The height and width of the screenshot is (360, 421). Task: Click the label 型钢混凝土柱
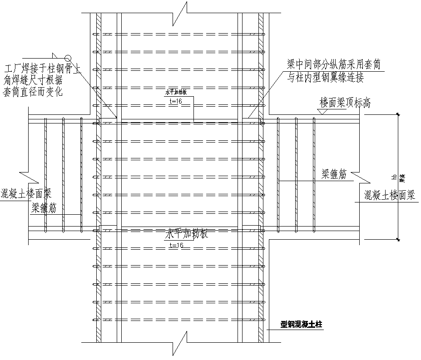coord(301,325)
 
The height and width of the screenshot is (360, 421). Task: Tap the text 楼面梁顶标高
coord(345,103)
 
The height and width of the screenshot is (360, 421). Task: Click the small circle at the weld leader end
coord(68,58)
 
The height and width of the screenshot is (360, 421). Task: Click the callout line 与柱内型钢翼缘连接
coord(326,78)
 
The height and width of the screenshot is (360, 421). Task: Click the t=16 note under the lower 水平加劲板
coord(176,245)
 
